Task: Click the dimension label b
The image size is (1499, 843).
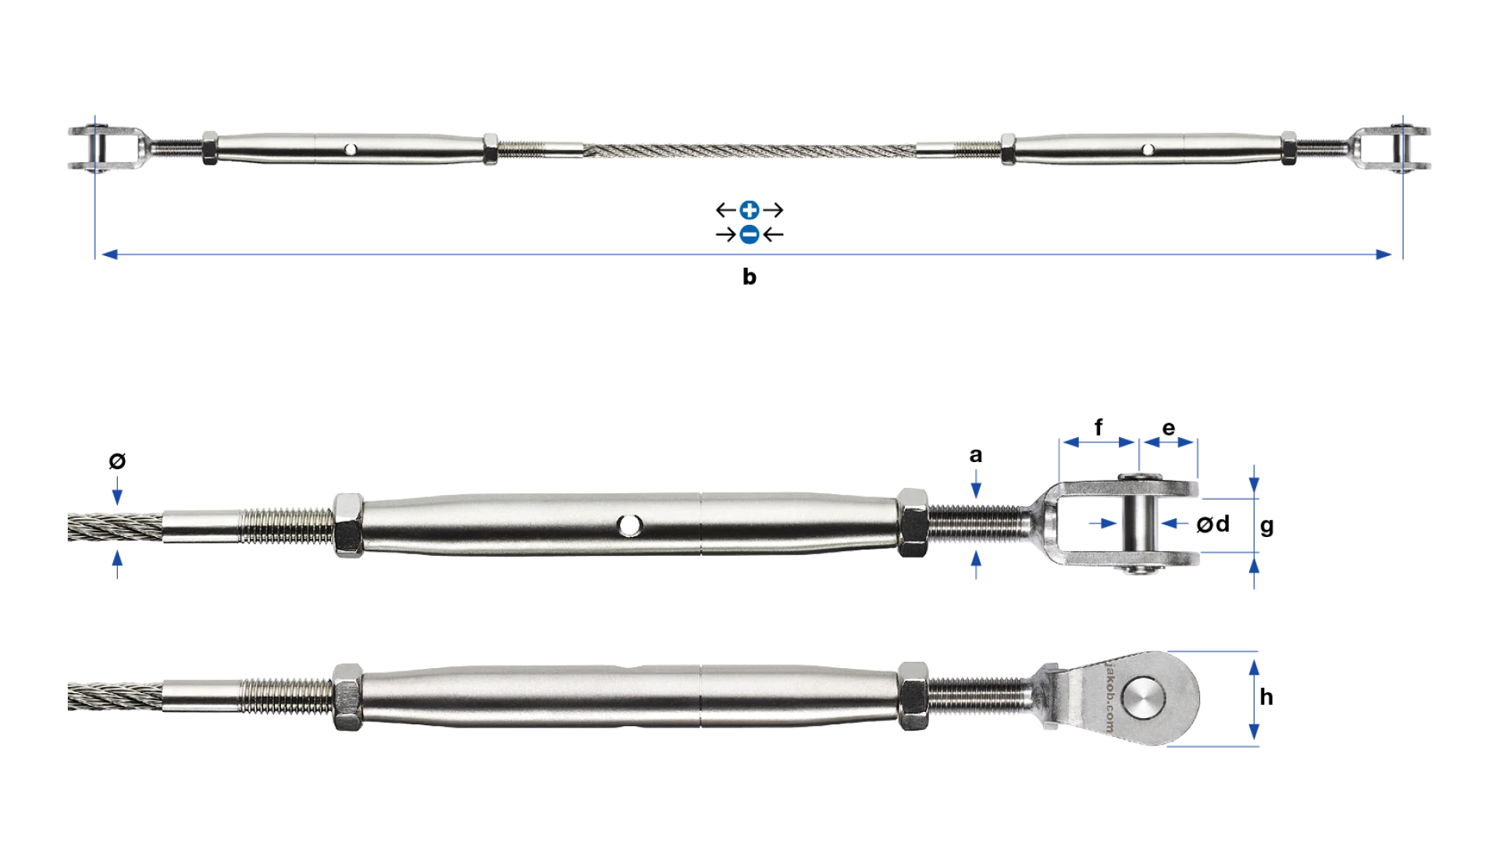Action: tap(749, 277)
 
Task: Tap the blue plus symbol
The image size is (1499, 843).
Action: tap(749, 210)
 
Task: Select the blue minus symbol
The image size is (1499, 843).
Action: tap(749, 234)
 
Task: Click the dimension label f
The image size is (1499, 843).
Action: tap(1098, 427)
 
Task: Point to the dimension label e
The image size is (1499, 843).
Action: tap(1169, 429)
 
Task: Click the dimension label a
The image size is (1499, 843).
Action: tap(976, 455)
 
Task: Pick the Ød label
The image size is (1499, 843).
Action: tap(1213, 524)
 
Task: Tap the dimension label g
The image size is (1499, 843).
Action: tap(1267, 527)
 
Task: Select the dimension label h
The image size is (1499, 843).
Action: tap(1266, 696)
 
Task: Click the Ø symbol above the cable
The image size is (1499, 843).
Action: tap(117, 461)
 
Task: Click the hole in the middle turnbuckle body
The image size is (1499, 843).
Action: tap(628, 525)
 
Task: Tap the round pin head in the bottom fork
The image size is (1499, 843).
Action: tap(1143, 698)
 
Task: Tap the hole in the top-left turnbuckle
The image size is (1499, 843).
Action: tap(351, 149)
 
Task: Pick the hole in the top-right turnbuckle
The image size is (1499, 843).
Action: tap(1148, 149)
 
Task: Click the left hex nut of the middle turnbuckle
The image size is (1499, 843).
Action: tap(348, 525)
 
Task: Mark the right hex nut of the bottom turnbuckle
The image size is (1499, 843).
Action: tap(912, 696)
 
